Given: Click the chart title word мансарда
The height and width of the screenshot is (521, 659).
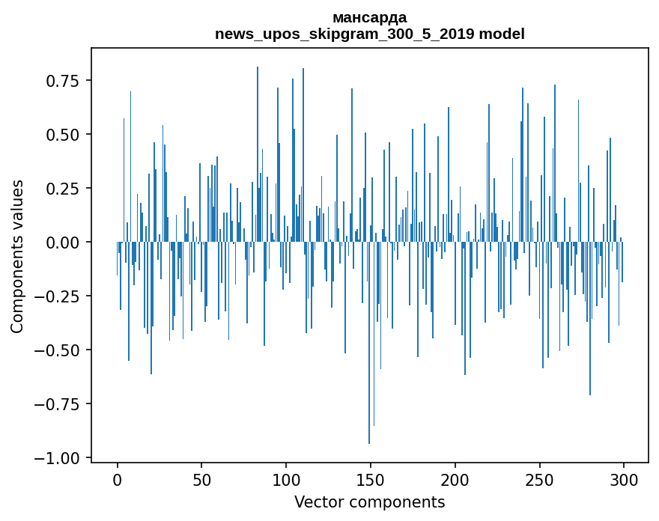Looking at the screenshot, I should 370,17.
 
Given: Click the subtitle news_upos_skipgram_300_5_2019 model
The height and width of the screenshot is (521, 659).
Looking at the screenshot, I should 370,34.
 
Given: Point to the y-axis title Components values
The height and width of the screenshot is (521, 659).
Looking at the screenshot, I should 17,256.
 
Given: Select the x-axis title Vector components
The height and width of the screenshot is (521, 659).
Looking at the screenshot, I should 370,502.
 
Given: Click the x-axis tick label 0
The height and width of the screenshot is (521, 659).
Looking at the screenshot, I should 118,481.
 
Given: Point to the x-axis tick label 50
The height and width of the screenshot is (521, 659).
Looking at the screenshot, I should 201,481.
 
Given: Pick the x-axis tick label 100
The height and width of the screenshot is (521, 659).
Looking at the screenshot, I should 286,481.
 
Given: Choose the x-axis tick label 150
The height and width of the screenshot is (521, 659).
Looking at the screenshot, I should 371,481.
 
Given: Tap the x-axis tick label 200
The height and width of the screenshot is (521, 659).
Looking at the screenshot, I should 455,481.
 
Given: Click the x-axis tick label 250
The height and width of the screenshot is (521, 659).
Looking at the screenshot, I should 540,481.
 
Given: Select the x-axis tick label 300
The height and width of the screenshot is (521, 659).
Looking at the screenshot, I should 625,481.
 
